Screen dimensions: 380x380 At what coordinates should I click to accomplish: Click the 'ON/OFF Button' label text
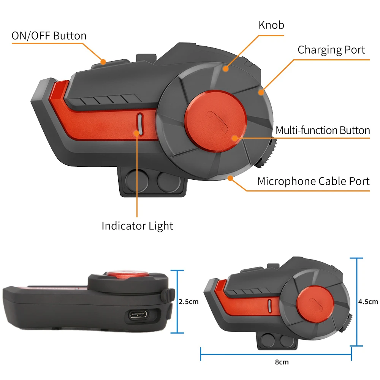(x=49, y=36)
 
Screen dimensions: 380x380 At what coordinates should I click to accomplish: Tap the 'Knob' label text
(x=271, y=25)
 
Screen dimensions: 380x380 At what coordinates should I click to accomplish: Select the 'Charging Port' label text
(x=331, y=50)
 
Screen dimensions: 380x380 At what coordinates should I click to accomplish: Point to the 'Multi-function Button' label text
(x=323, y=130)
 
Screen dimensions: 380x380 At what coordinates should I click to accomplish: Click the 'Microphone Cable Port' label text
(x=313, y=181)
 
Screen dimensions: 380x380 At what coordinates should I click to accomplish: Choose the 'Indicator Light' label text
(x=137, y=226)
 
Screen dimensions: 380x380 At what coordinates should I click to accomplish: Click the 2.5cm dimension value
(x=188, y=302)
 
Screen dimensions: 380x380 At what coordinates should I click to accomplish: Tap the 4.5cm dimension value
(x=368, y=302)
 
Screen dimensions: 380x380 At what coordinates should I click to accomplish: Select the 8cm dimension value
(x=282, y=362)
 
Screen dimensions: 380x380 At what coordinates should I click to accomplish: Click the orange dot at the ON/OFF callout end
(x=103, y=61)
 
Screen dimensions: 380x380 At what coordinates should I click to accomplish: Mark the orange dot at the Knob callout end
(x=226, y=69)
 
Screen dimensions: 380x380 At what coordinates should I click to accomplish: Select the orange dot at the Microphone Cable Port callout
(x=230, y=177)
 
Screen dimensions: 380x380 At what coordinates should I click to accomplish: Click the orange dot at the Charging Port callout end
(x=261, y=91)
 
